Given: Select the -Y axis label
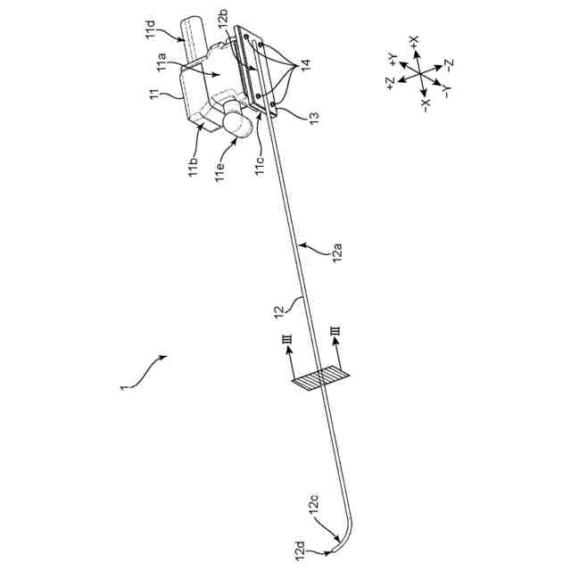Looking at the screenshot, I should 445,90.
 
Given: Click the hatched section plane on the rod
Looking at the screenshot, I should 319,378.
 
